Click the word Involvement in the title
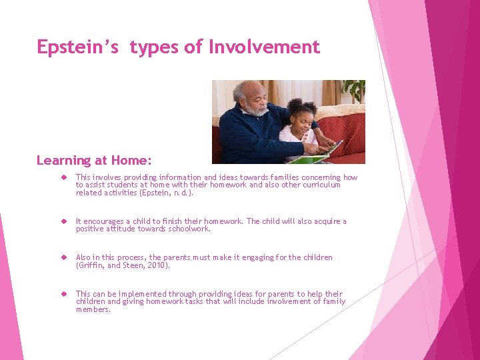tap(264, 47)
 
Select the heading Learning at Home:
tap(94, 161)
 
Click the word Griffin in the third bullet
tap(91, 265)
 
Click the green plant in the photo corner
tap(354, 89)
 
